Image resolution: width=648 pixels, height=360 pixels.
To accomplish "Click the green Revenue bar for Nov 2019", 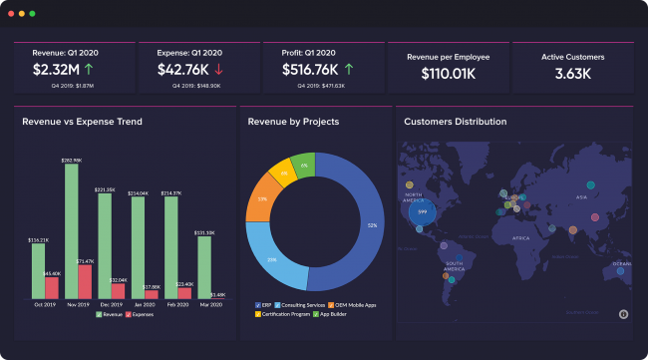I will [72, 230].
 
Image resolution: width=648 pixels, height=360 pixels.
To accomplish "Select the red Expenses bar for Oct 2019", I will [52, 288].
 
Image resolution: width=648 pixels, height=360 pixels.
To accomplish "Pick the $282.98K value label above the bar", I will [72, 160].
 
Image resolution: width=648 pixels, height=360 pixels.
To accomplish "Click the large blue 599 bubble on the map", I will [423, 211].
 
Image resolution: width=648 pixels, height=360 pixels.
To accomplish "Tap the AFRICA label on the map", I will [520, 239].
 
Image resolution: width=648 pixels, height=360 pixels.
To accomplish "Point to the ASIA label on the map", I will [579, 197].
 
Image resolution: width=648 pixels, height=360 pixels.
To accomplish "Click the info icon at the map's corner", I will [622, 313].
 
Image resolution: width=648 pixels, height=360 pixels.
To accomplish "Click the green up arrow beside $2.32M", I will [90, 70].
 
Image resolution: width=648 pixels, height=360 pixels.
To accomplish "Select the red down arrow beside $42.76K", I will [218, 70].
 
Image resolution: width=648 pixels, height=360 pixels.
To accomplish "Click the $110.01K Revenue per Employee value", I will [447, 74].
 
